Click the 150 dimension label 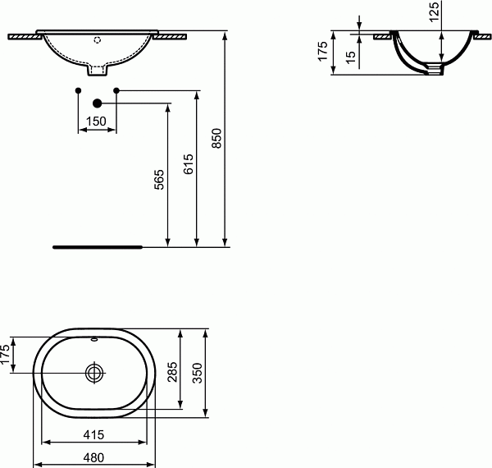[x=97, y=122]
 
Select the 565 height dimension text [x=160, y=180]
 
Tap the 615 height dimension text [x=189, y=164]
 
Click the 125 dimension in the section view [x=435, y=10]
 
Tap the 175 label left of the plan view [x=5, y=357]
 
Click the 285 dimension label [x=172, y=374]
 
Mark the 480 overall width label [x=93, y=457]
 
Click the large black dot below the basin [x=98, y=103]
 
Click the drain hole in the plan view [x=95, y=373]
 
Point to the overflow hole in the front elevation [x=97, y=39]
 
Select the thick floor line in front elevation [x=98, y=245]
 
